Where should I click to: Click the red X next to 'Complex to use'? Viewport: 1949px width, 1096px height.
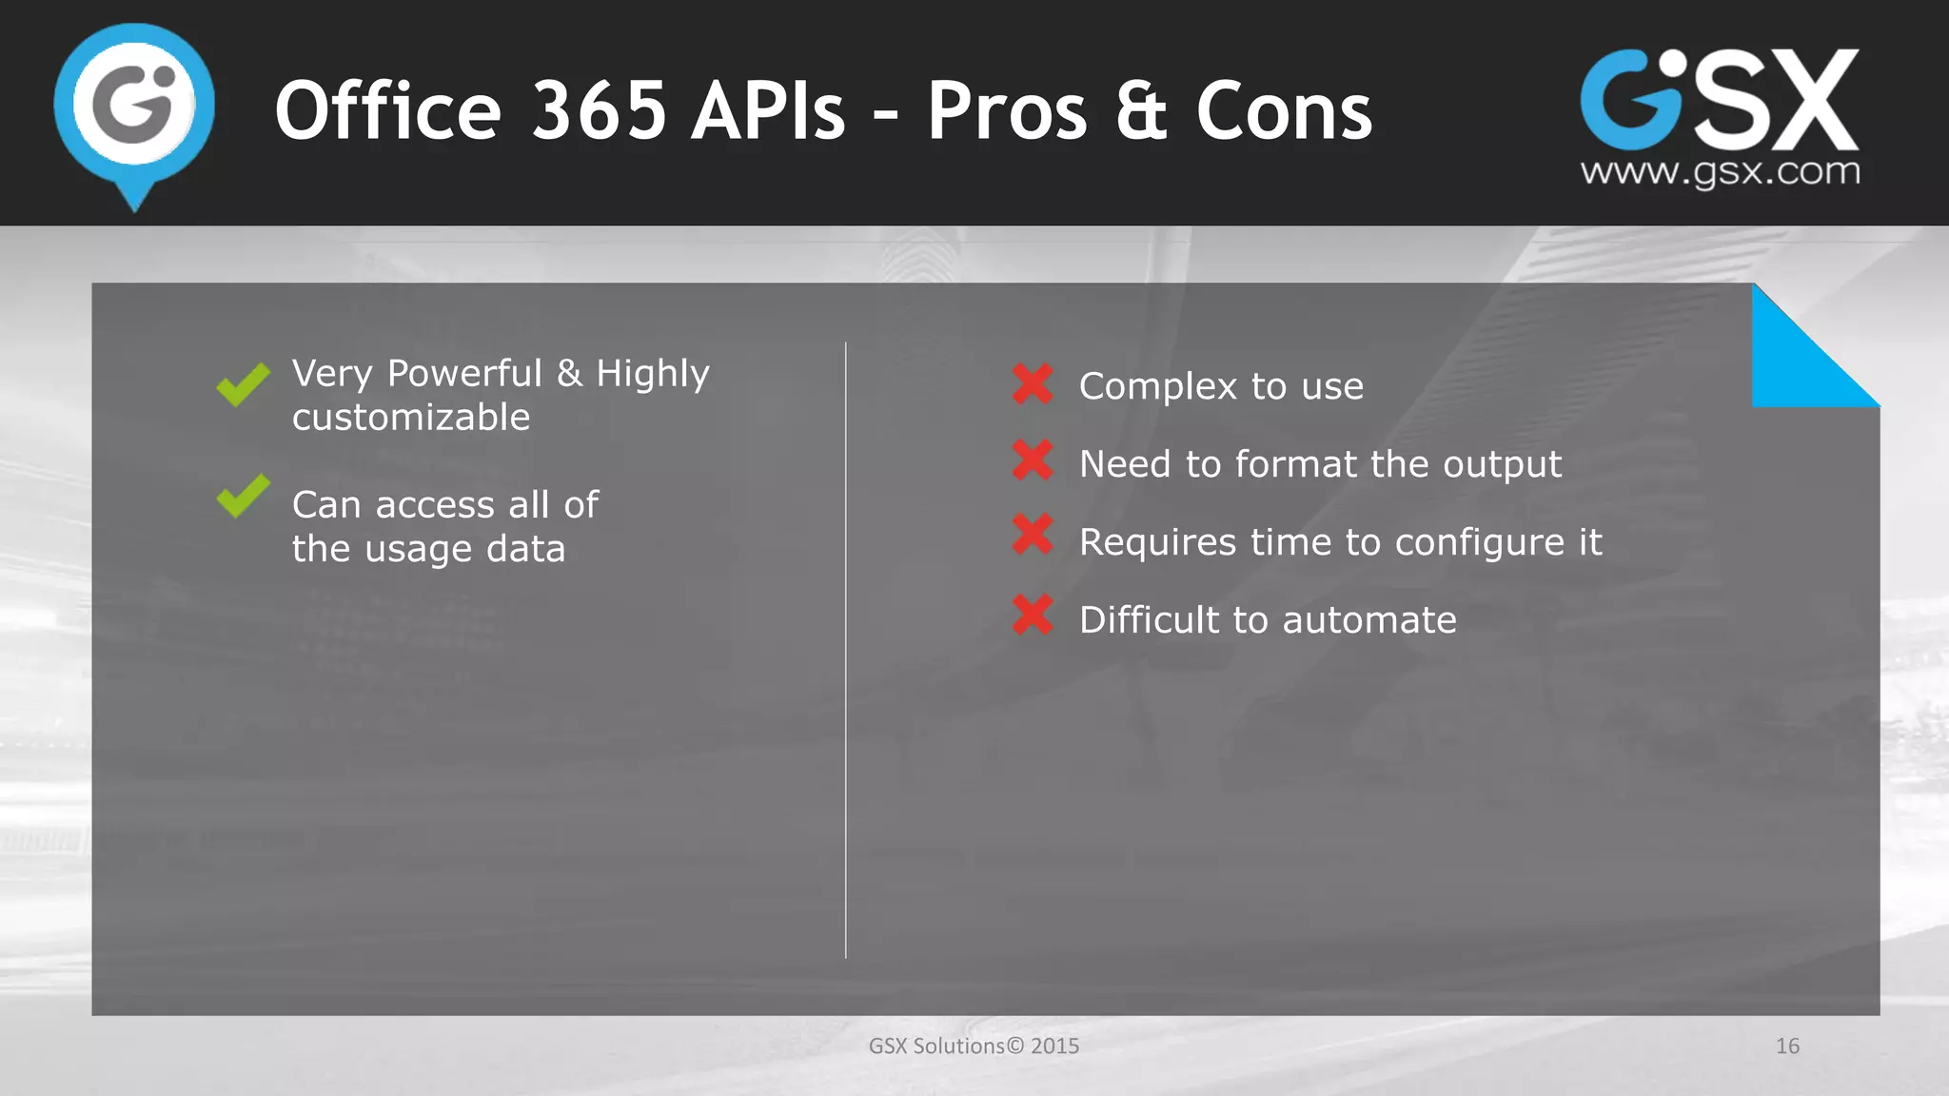pos(1033,383)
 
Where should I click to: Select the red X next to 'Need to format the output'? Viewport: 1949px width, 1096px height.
pos(1033,460)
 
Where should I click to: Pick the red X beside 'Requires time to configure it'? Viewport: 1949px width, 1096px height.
pos(1033,534)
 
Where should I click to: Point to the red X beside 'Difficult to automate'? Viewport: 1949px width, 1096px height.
pos(1033,615)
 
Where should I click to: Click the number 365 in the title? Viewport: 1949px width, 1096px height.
pos(599,111)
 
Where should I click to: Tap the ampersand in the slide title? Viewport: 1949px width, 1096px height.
pos(1141,111)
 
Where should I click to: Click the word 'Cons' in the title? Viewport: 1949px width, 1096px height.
pos(1284,111)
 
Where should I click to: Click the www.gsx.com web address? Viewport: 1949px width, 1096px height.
pos(1720,172)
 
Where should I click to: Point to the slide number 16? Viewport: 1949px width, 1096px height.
pos(1787,1047)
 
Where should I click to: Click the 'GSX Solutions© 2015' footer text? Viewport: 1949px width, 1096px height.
pos(974,1047)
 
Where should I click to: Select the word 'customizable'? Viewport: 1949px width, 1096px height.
pos(411,418)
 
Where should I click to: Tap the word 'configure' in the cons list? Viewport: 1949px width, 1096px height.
pos(1479,543)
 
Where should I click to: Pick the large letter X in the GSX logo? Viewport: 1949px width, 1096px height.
pos(1804,100)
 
